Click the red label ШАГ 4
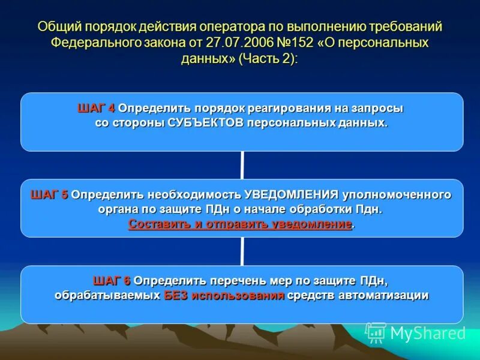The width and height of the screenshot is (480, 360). click(x=96, y=109)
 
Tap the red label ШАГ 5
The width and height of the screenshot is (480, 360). click(x=49, y=195)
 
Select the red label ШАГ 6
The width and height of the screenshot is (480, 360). click(x=112, y=281)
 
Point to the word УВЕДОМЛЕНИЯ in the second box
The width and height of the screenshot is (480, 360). click(x=292, y=195)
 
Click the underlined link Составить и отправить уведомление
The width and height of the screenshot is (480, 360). click(x=240, y=224)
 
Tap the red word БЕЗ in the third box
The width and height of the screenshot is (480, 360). click(x=176, y=295)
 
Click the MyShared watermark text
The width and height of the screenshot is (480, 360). click(x=428, y=334)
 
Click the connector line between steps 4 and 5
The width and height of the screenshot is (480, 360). click(x=242, y=165)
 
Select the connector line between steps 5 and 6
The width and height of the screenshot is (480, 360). click(x=242, y=251)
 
